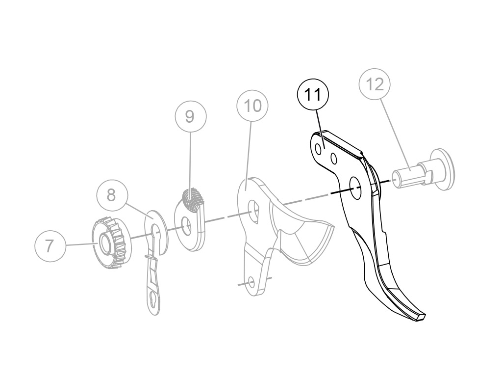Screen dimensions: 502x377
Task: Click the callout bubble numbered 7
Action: [50, 245]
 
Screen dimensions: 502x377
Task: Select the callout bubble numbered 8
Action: [111, 194]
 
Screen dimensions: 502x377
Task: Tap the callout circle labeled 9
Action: [191, 116]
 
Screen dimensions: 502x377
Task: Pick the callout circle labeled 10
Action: [253, 106]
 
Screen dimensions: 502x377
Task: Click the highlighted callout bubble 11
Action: [313, 94]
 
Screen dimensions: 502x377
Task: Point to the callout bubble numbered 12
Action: [375, 84]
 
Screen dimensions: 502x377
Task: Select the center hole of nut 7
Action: [104, 242]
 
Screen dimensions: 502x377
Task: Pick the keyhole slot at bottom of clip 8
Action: [154, 301]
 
